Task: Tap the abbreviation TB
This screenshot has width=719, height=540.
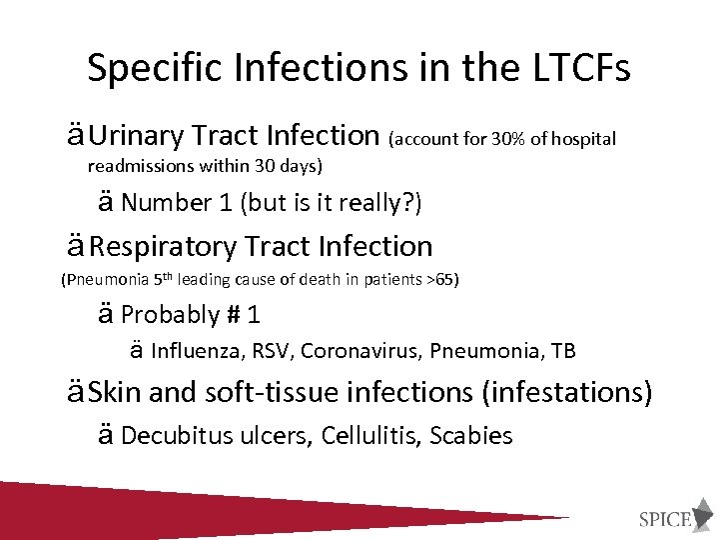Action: [563, 351]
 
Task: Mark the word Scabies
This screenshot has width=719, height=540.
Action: [471, 436]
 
